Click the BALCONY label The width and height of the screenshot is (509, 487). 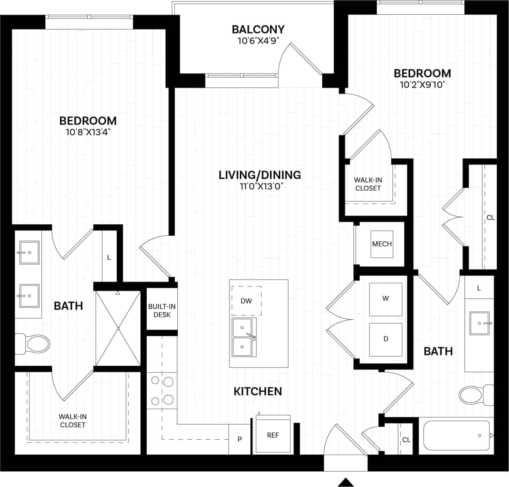[258, 29]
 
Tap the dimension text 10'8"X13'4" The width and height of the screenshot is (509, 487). [88, 132]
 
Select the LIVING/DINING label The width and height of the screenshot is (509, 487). [260, 175]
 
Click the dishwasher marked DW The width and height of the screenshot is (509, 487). [247, 301]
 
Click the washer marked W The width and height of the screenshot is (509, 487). [386, 299]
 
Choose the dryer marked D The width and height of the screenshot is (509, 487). [386, 339]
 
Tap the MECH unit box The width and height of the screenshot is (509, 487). [382, 244]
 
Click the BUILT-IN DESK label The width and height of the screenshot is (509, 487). [162, 310]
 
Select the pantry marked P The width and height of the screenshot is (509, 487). [239, 439]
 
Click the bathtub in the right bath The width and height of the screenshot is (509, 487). [457, 435]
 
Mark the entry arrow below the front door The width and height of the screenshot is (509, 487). [346, 482]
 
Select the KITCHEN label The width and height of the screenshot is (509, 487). [258, 391]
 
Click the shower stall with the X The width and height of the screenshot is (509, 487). [118, 328]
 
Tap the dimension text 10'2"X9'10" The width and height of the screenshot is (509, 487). [422, 85]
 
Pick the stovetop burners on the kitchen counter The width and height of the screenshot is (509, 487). [162, 390]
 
